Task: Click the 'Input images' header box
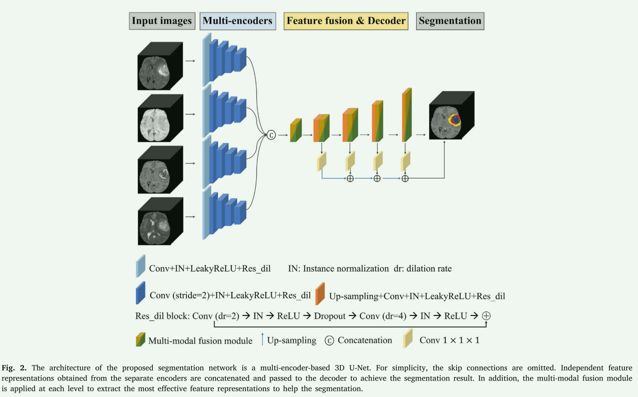[161, 21]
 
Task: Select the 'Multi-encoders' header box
[237, 21]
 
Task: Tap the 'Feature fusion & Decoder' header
[346, 21]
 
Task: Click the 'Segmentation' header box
[450, 21]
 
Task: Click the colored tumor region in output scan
[455, 120]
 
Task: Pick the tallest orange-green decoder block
[407, 115]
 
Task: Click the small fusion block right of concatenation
[296, 131]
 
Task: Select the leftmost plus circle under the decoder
[350, 178]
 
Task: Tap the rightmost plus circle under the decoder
[405, 178]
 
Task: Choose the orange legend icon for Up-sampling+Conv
[320, 293]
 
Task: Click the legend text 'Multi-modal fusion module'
[200, 341]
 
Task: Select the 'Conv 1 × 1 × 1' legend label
[449, 340]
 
